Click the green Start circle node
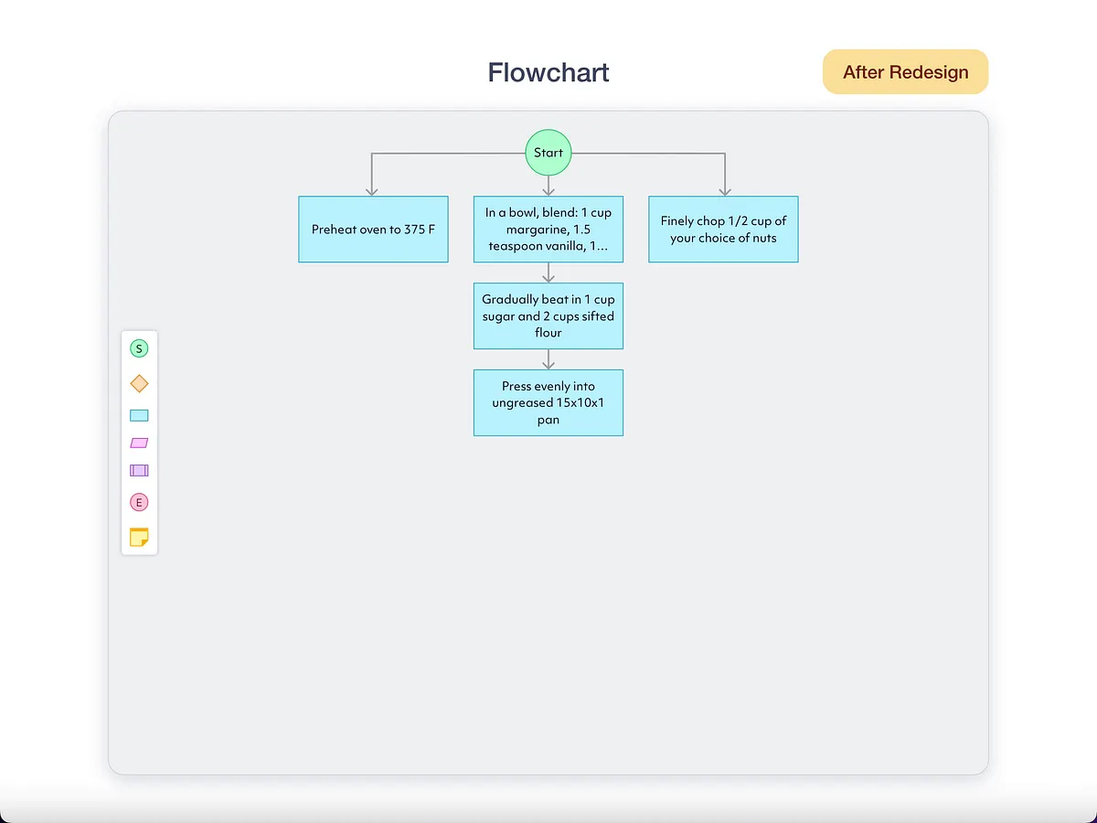548,153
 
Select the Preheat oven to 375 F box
373,230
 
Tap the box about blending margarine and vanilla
548,230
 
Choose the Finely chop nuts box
723,230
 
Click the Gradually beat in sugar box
548,315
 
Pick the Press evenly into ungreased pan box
548,402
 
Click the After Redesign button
905,72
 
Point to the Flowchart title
548,72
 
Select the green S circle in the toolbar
139,348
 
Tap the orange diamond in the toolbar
139,383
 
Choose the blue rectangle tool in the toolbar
139,415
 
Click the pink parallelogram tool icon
139,443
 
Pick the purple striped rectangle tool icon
139,471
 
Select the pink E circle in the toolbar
139,502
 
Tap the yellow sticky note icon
139,537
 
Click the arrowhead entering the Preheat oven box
371,190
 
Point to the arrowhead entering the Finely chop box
725,190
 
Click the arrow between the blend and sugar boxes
548,273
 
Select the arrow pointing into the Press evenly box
548,361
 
